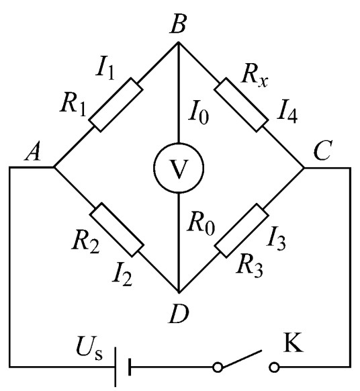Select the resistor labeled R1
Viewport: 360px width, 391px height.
point(116,105)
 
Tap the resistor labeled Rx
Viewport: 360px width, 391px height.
point(241,105)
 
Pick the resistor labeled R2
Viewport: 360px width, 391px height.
point(117,230)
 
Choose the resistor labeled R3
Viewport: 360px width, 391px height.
point(242,230)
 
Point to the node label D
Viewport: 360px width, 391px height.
point(179,314)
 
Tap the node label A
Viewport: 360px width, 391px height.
point(33,152)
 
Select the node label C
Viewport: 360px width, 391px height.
point(322,151)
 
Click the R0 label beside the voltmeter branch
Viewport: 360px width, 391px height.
point(201,224)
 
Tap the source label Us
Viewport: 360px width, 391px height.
point(89,348)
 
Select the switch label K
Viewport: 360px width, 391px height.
point(294,342)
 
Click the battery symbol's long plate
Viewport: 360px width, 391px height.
point(116,367)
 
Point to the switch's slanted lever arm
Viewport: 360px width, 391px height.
point(242,359)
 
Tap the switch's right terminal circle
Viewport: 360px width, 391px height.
point(274,367)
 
